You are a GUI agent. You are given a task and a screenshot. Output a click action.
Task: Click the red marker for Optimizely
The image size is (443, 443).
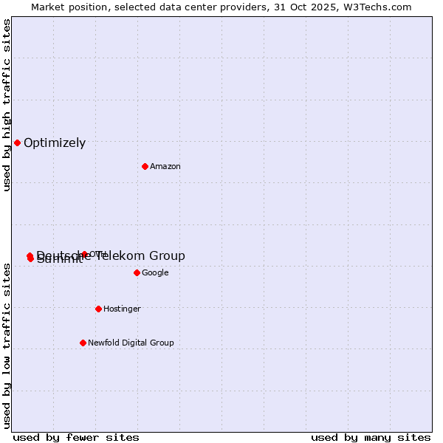point(17,142)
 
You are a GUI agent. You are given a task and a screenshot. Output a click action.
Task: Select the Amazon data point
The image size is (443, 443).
point(145,166)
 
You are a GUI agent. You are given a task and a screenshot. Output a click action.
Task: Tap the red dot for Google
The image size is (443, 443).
point(137,272)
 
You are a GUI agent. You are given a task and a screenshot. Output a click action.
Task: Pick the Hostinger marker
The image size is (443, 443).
point(98,309)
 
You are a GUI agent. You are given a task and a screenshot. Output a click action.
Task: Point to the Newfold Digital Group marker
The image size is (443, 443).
point(83,343)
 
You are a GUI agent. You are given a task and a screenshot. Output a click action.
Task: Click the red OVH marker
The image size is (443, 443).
point(84,254)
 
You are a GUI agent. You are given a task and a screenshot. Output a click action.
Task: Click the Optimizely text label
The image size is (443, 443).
point(55,143)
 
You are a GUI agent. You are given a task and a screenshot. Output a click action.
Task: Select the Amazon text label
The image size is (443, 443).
point(165,167)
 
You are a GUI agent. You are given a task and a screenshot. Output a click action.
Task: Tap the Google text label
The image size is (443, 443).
point(155,273)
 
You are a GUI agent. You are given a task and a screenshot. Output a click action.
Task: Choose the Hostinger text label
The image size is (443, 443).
point(122,309)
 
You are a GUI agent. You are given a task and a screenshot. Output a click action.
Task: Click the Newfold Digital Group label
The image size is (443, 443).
point(131,343)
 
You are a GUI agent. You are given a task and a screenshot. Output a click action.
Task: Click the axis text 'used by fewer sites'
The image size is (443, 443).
point(76,437)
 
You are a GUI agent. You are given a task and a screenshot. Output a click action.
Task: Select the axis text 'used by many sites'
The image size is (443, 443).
point(371,437)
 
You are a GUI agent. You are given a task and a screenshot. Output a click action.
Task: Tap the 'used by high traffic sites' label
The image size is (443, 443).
point(7,106)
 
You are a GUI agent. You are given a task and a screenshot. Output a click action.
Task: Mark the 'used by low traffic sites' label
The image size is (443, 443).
point(7,346)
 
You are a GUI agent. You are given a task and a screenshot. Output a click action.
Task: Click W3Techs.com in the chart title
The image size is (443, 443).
point(380,7)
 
